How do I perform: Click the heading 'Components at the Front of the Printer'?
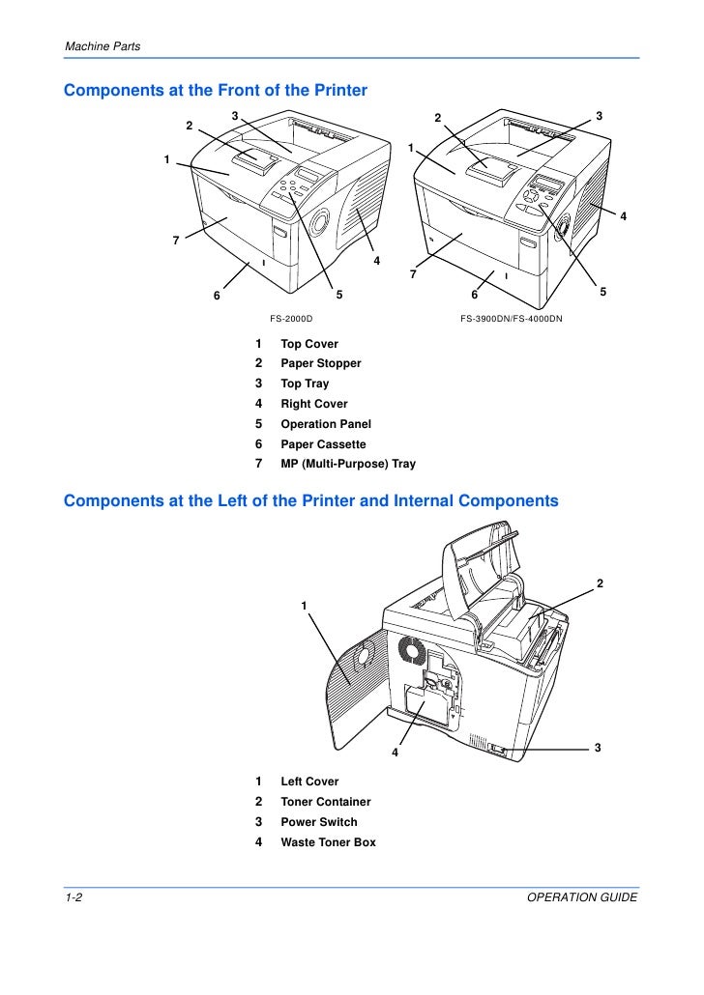tap(215, 91)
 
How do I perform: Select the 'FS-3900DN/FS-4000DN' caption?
tap(512, 318)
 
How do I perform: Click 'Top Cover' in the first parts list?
tap(309, 344)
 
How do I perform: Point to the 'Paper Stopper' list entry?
tap(320, 363)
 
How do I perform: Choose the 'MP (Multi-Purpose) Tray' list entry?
tap(348, 464)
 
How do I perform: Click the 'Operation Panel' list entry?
tap(325, 424)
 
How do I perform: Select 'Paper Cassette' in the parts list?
tap(323, 444)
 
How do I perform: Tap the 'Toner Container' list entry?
tap(325, 802)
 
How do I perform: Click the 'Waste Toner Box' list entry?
tap(328, 842)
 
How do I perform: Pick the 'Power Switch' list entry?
tap(318, 822)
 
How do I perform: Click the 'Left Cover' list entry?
tap(309, 782)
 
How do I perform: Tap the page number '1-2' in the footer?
tap(74, 898)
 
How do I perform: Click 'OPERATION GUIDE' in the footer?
tap(582, 898)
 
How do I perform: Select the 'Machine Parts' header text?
tap(102, 47)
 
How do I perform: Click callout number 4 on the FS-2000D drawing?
tap(376, 261)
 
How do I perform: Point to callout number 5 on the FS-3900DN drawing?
tap(602, 291)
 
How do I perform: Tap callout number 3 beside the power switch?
tap(598, 748)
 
